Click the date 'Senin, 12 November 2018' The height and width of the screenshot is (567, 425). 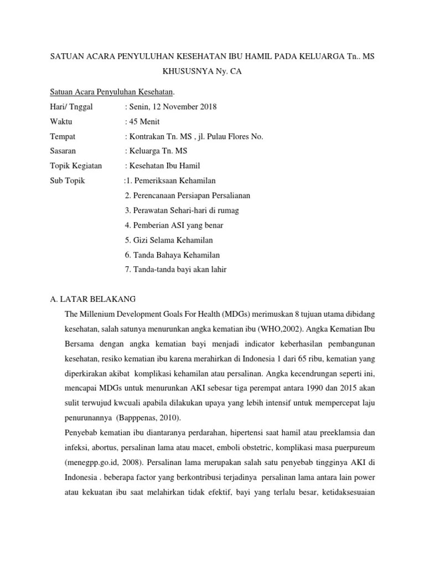click(173, 107)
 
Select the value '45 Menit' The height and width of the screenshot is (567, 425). click(144, 122)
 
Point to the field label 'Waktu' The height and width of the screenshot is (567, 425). click(61, 122)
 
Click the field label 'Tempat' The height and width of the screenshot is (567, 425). click(63, 136)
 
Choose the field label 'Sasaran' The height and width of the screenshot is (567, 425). click(63, 151)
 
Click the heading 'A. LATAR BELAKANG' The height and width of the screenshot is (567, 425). click(89, 299)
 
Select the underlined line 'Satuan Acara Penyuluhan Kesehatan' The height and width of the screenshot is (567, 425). click(111, 92)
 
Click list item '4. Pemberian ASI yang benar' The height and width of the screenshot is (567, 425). click(174, 225)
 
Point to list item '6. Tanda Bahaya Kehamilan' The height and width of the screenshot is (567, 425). click(173, 255)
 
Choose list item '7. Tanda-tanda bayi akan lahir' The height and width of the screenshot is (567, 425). click(176, 270)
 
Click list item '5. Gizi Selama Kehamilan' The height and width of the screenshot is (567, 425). click(169, 240)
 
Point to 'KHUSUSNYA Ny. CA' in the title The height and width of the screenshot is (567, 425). click(201, 72)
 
